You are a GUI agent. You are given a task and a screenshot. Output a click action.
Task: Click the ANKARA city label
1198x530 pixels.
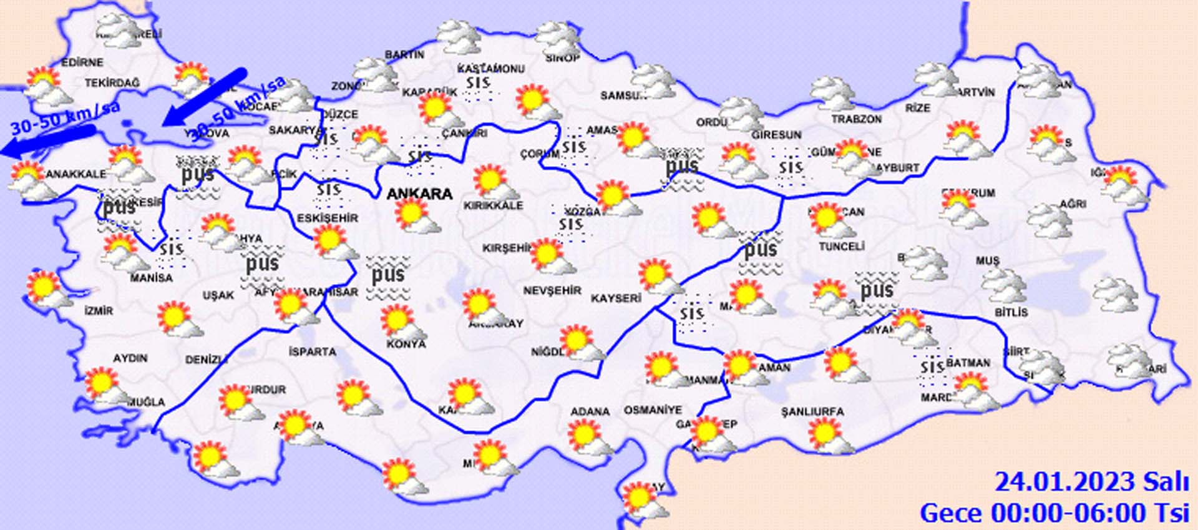tap(419, 194)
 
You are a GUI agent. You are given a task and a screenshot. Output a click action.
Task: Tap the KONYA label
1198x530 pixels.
tap(406, 344)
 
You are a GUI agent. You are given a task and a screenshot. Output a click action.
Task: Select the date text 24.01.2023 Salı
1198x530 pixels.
tap(1091, 482)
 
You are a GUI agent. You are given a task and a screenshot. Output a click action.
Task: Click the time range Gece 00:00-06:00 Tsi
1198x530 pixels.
tap(1054, 513)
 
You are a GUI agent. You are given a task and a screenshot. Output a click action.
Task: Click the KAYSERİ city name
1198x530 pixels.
tap(616, 298)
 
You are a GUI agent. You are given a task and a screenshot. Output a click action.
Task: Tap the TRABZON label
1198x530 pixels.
tap(857, 119)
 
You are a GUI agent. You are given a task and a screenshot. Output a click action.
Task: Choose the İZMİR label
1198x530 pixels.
tap(99, 310)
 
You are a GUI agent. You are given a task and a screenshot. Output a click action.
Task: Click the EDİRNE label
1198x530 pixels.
tap(82, 62)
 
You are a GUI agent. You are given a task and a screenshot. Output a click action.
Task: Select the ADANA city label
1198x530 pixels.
tap(590, 412)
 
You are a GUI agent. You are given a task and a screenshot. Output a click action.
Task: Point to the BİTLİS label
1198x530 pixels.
tap(1011, 312)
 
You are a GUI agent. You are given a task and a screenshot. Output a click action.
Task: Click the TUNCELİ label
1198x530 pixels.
tap(841, 247)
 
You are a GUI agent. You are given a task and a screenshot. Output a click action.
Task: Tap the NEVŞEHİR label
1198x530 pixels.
tap(552, 290)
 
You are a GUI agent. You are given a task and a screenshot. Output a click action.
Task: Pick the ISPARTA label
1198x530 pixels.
tap(313, 352)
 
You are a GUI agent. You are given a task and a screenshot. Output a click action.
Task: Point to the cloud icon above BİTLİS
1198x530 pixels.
tap(1004, 286)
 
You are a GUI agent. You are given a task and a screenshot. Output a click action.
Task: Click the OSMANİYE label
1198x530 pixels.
tap(653, 410)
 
